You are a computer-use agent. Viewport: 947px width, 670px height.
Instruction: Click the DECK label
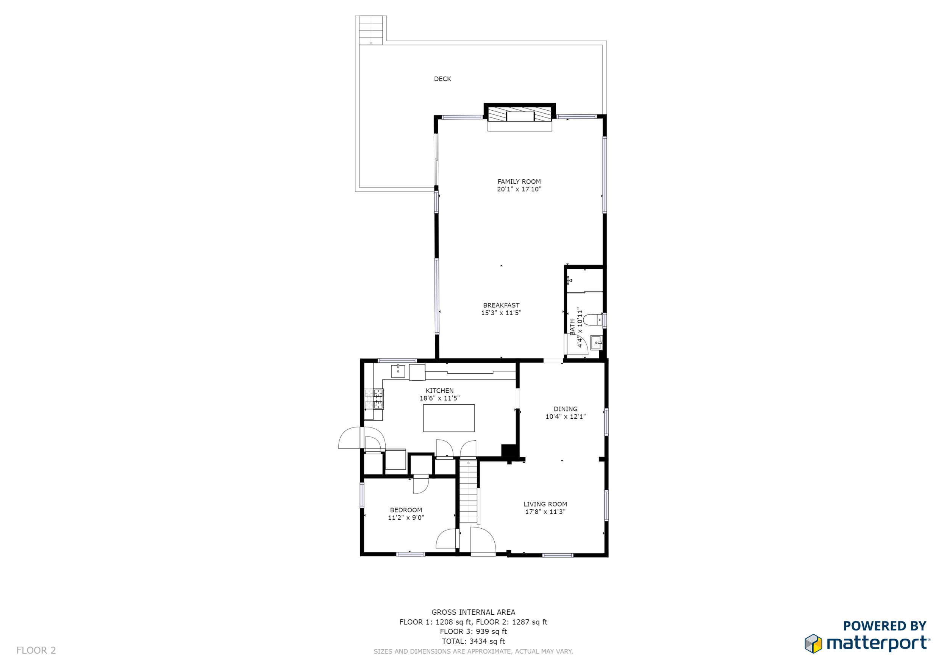coord(442,79)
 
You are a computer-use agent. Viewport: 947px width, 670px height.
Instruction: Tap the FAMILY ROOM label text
coord(519,182)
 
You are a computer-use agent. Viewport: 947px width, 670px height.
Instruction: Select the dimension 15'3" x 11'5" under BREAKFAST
coord(501,313)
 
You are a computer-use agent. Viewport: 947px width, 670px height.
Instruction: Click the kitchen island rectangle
coord(448,418)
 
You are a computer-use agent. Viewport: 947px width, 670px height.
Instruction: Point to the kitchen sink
coord(398,371)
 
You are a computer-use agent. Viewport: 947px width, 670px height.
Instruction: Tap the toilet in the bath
coord(593,319)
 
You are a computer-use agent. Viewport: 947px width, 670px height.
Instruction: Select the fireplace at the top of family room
coord(519,115)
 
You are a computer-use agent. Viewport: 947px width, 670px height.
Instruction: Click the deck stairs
coord(370,30)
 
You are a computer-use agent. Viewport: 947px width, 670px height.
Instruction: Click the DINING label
coord(565,409)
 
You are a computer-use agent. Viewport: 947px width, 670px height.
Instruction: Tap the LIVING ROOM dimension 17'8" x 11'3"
coord(545,512)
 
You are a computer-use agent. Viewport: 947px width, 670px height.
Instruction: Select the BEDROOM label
coord(406,510)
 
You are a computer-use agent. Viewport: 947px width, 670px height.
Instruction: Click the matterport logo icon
coord(813,643)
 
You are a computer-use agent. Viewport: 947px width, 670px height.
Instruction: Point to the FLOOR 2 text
coord(36,650)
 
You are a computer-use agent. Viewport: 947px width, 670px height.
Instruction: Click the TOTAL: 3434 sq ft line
coord(473,641)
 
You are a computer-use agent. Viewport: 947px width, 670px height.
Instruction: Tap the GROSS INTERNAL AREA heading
coord(473,612)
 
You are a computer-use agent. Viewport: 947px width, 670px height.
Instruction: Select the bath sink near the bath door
coord(596,343)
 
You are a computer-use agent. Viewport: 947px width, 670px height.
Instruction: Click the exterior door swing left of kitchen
coord(350,438)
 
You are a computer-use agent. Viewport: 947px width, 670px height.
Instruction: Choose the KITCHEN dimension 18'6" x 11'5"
coord(439,398)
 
